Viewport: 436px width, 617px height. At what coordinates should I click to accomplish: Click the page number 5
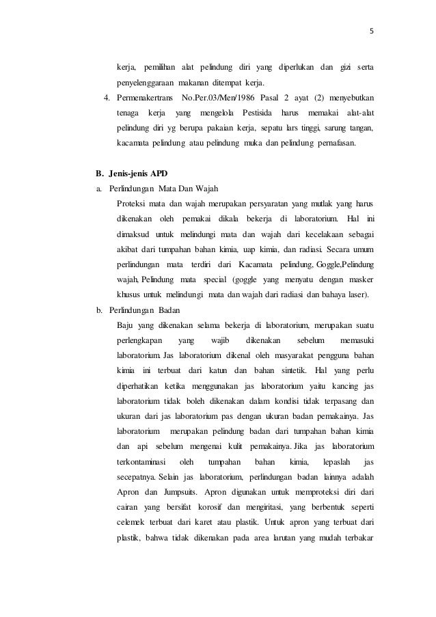tap(372, 30)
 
